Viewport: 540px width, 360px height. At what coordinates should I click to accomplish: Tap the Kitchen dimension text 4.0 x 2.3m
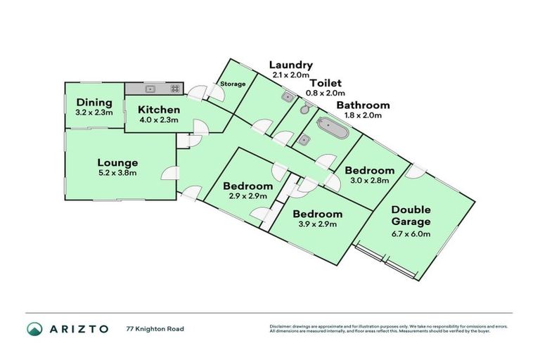pos(158,120)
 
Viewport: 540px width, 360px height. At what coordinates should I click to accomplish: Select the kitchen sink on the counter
pos(150,89)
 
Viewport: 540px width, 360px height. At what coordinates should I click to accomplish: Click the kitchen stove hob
pos(174,89)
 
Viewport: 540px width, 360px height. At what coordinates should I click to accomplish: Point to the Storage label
pos(233,84)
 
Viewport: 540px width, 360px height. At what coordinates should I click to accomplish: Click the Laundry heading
pos(290,65)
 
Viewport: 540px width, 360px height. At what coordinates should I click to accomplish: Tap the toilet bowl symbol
pos(304,109)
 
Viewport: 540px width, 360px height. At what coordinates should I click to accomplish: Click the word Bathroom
pos(362,105)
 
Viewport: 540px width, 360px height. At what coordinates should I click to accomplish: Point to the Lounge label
pos(117,162)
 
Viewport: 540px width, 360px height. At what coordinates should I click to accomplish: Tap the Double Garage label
pos(411,215)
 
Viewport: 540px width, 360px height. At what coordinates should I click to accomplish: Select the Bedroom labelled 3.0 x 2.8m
pos(369,171)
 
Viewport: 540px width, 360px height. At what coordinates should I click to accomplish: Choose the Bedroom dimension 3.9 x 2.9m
pos(317,224)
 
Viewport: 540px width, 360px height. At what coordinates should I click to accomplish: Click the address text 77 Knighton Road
pos(155,328)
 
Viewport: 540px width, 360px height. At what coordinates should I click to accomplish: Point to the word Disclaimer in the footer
pos(281,326)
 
